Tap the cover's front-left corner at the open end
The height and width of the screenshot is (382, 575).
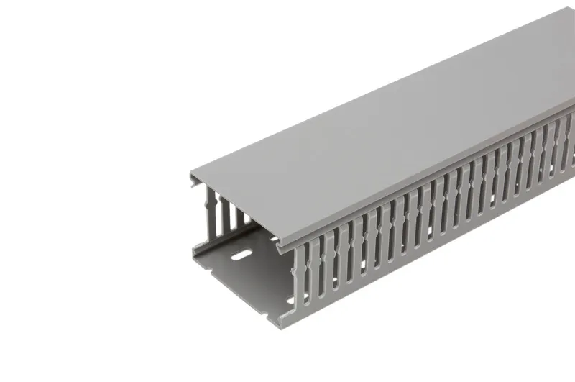coord(191,175)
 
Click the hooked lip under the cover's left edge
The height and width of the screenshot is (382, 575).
coord(195,186)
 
